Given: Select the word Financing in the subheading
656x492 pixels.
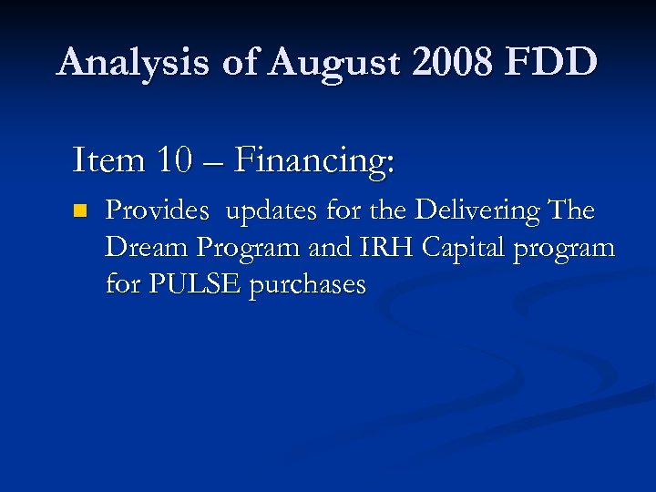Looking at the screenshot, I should coord(314,162).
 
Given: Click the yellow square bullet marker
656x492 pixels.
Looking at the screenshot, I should coord(80,211).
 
